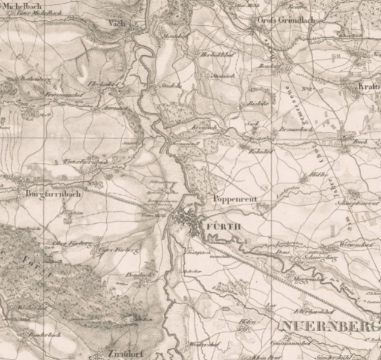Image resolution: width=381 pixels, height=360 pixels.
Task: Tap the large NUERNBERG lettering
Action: [329, 327]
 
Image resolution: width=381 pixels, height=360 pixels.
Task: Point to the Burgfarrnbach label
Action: [53, 194]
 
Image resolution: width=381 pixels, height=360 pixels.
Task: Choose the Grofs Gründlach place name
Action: [278, 20]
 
